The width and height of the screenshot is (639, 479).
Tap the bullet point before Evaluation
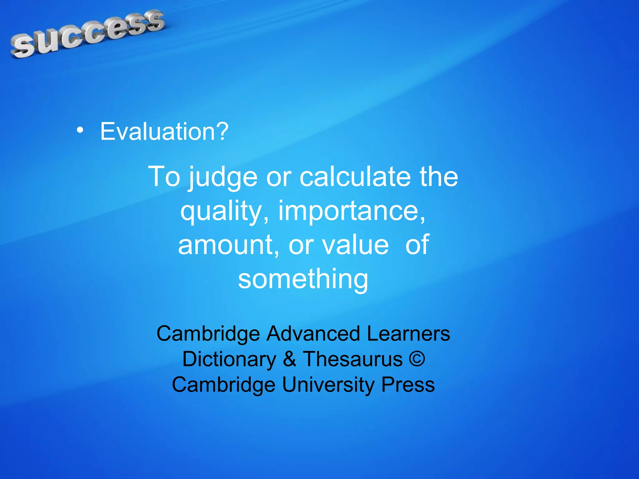[80, 131]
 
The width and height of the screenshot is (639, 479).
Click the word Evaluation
[164, 132]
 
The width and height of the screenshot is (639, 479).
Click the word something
[303, 279]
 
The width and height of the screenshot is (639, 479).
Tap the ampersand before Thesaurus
[290, 359]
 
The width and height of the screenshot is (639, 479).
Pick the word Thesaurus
[353, 359]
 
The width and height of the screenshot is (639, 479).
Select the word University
[328, 385]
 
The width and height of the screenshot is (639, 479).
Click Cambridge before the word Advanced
[208, 334]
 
